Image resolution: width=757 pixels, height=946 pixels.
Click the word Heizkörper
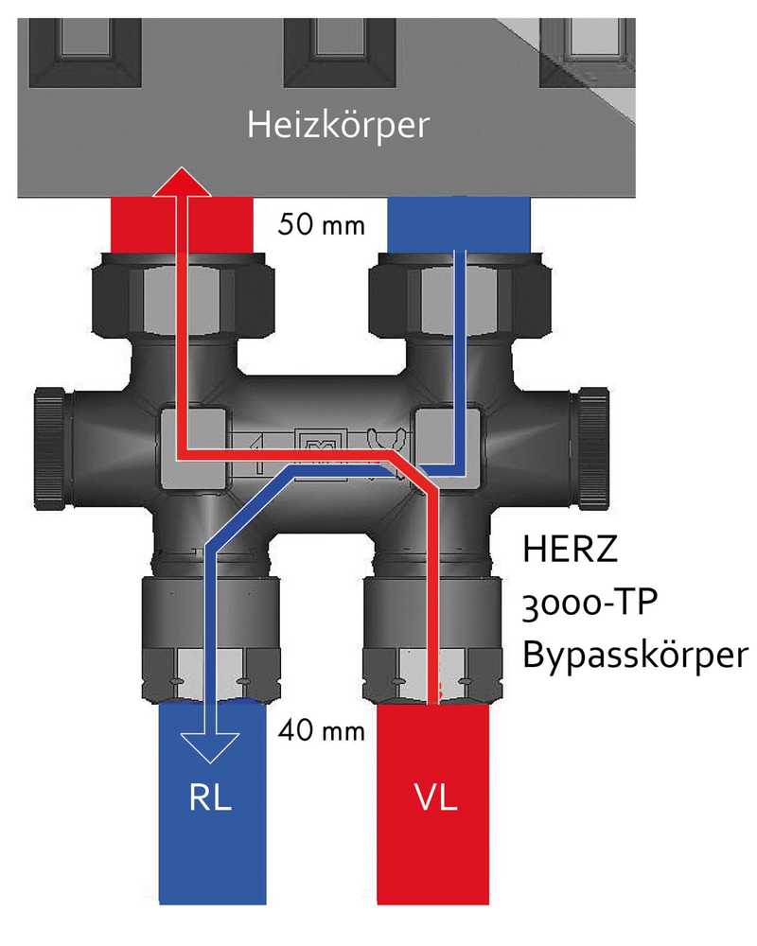338,125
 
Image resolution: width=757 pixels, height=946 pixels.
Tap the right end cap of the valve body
591,435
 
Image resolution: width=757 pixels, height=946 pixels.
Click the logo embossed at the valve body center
312,447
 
